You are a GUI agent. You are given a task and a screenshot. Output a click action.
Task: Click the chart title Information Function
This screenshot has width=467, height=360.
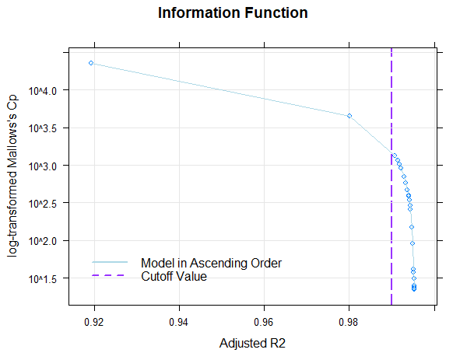pyautogui.click(x=233, y=13)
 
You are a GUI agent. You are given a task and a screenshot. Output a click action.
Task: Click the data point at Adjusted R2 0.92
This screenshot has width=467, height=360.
pyautogui.click(x=91, y=63)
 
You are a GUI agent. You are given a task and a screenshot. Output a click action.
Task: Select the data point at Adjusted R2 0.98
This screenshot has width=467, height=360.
pyautogui.click(x=349, y=116)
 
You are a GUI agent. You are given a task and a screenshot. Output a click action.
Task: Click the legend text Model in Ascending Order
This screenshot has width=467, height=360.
pyautogui.click(x=211, y=263)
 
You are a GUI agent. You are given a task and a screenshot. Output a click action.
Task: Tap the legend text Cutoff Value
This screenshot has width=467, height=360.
pyautogui.click(x=174, y=275)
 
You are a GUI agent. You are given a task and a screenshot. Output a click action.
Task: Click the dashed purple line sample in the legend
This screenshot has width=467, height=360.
pyautogui.click(x=109, y=275)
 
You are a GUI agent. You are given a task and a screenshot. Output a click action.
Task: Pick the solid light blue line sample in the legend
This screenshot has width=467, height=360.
pyautogui.click(x=109, y=263)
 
